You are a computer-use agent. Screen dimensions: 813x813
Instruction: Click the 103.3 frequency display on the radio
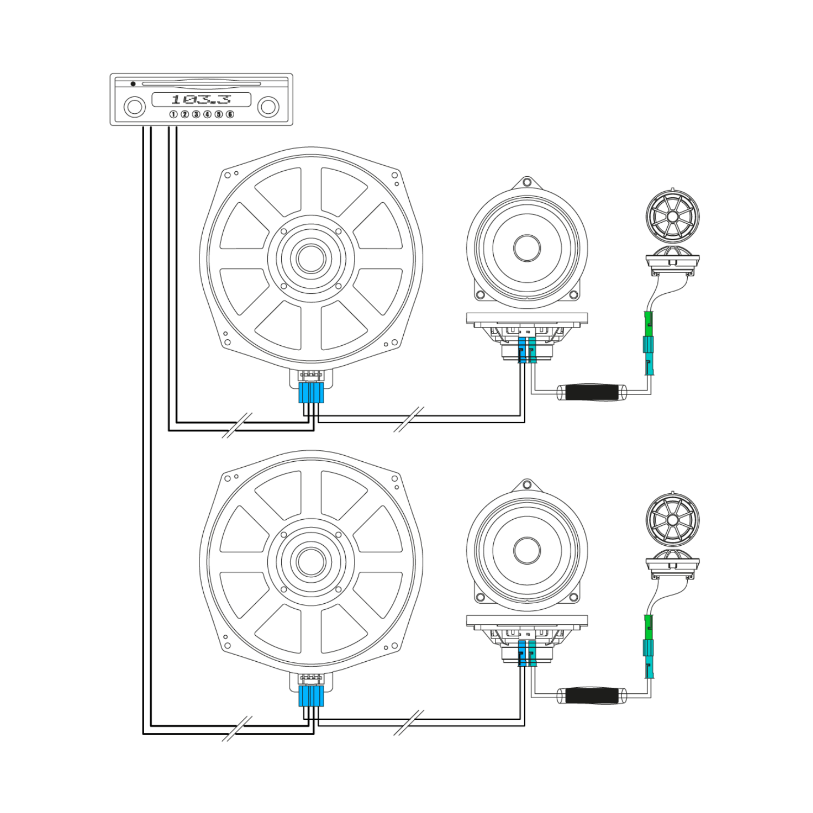point(201,99)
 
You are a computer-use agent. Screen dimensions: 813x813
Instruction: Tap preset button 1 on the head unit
point(173,114)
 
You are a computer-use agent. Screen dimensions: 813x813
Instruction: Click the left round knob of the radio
point(134,107)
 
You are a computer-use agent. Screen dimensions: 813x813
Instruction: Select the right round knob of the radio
point(268,107)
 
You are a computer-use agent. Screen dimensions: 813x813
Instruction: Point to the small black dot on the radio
point(133,83)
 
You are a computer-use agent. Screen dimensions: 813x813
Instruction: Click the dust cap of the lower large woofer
point(311,562)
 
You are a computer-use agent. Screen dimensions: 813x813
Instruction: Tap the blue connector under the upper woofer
point(311,393)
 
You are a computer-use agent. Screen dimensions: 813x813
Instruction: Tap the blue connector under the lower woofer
point(311,696)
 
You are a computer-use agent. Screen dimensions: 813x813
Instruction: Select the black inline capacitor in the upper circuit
point(592,392)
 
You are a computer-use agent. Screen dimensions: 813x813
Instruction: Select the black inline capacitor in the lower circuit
point(592,695)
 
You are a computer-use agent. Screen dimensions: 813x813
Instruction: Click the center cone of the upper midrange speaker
point(527,248)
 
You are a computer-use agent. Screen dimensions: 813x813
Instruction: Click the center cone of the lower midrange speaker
point(527,550)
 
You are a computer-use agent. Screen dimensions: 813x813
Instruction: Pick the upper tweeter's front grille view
point(673,216)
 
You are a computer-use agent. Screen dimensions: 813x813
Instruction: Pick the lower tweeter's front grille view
point(673,520)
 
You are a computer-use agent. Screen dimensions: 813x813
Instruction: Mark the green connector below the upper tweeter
point(648,324)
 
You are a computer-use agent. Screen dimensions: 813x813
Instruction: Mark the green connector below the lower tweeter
point(648,628)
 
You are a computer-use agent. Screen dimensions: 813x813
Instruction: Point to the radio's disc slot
point(201,84)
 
